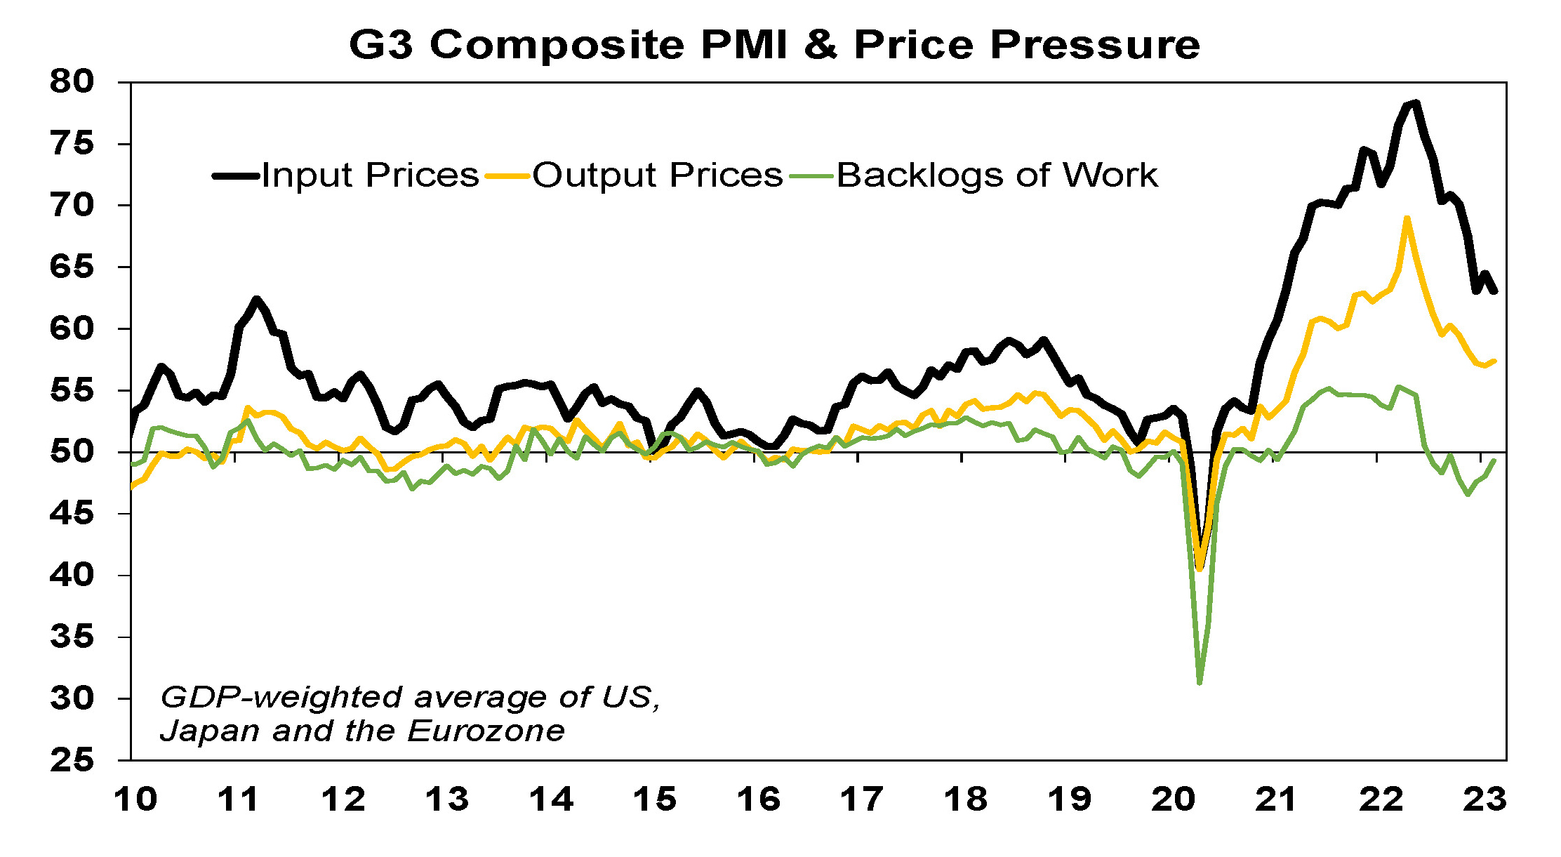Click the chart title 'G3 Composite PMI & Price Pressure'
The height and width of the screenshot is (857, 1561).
pyautogui.click(x=774, y=45)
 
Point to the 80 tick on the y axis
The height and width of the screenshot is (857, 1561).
pyautogui.click(x=71, y=82)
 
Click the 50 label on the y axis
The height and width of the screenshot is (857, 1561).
pyautogui.click(x=71, y=451)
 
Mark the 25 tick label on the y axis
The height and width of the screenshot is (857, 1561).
pyautogui.click(x=71, y=760)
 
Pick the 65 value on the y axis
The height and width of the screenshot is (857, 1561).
pyautogui.click(x=71, y=267)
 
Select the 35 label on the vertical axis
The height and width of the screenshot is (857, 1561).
pyautogui.click(x=71, y=637)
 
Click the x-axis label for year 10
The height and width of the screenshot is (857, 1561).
pyautogui.click(x=135, y=800)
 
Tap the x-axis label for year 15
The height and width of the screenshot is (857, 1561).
pyautogui.click(x=654, y=800)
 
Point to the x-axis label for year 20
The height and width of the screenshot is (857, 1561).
pyautogui.click(x=1173, y=800)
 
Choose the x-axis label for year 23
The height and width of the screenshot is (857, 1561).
pyautogui.click(x=1484, y=800)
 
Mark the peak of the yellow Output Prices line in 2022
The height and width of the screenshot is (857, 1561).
pyautogui.click(x=1407, y=218)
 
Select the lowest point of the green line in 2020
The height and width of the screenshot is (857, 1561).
pyautogui.click(x=1200, y=682)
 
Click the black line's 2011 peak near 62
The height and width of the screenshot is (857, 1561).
pyautogui.click(x=256, y=299)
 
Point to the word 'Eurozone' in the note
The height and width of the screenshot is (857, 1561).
pyautogui.click(x=486, y=731)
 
